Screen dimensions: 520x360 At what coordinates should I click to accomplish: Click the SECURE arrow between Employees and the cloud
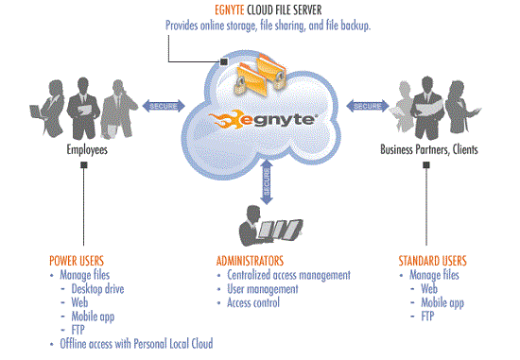(164, 106)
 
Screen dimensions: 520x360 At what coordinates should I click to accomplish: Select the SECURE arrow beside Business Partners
(368, 106)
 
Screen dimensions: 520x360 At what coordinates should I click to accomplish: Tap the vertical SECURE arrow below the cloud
(267, 182)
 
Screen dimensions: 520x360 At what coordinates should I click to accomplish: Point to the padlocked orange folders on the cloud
(260, 74)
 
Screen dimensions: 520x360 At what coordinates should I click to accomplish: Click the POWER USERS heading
(77, 261)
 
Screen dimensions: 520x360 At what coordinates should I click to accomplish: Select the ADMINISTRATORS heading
(250, 261)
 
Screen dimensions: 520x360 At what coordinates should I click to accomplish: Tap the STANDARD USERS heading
(432, 261)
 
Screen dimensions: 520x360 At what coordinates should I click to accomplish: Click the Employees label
(87, 149)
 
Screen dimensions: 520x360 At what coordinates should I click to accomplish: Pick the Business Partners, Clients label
(429, 149)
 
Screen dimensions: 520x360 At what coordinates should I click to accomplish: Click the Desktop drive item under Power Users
(97, 289)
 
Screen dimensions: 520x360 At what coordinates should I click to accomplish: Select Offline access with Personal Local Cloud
(136, 344)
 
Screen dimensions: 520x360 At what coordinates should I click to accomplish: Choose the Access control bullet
(253, 302)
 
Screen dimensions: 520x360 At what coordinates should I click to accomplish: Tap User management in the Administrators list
(263, 289)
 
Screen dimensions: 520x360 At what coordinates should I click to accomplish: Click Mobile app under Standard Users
(442, 303)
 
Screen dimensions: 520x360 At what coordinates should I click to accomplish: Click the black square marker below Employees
(84, 164)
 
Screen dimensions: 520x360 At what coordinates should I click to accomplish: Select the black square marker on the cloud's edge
(224, 61)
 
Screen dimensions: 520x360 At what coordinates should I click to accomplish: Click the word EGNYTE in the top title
(230, 10)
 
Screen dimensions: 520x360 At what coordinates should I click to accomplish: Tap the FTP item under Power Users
(78, 330)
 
